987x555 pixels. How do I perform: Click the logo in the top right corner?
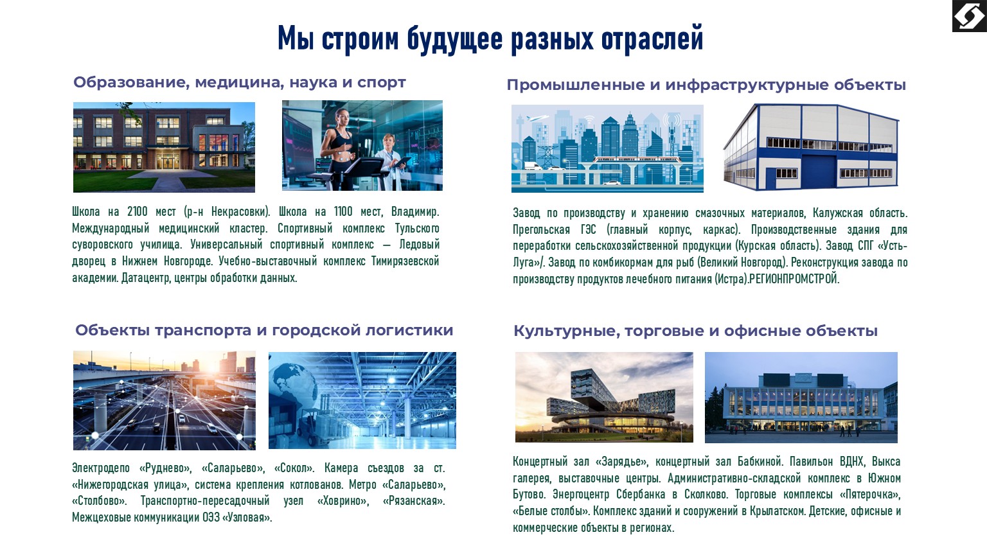[969, 16]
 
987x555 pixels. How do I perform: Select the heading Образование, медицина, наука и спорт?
[239, 82]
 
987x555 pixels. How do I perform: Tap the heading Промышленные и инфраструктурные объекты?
[706, 85]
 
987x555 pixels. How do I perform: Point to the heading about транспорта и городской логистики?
[263, 330]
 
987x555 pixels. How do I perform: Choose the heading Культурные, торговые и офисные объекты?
[695, 331]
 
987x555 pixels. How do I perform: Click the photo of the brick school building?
[164, 147]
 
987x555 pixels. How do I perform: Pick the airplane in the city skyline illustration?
[534, 119]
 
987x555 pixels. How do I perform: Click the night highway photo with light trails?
[164, 400]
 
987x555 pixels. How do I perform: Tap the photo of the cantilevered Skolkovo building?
[604, 397]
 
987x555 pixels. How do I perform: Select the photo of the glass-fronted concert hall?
[801, 397]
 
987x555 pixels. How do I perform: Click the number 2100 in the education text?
[137, 211]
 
